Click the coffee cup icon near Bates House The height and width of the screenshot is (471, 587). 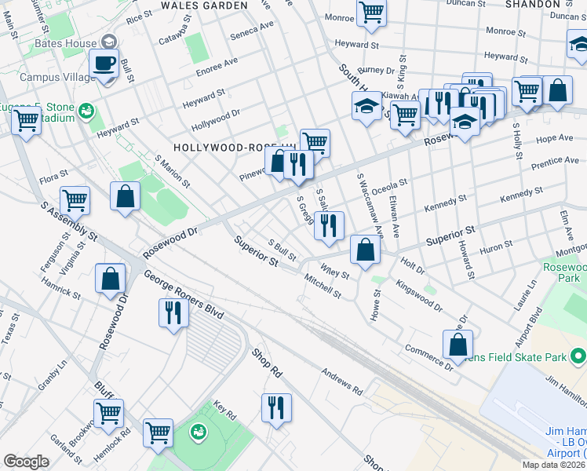point(104,63)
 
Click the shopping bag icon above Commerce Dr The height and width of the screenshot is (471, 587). point(458,343)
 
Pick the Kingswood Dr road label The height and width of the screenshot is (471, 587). point(418,295)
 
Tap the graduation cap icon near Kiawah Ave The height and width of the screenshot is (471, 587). point(366,107)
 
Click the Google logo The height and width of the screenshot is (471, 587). point(26,462)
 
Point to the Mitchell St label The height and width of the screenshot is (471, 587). point(323,287)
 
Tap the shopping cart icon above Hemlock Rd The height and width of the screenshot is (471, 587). point(108,412)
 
